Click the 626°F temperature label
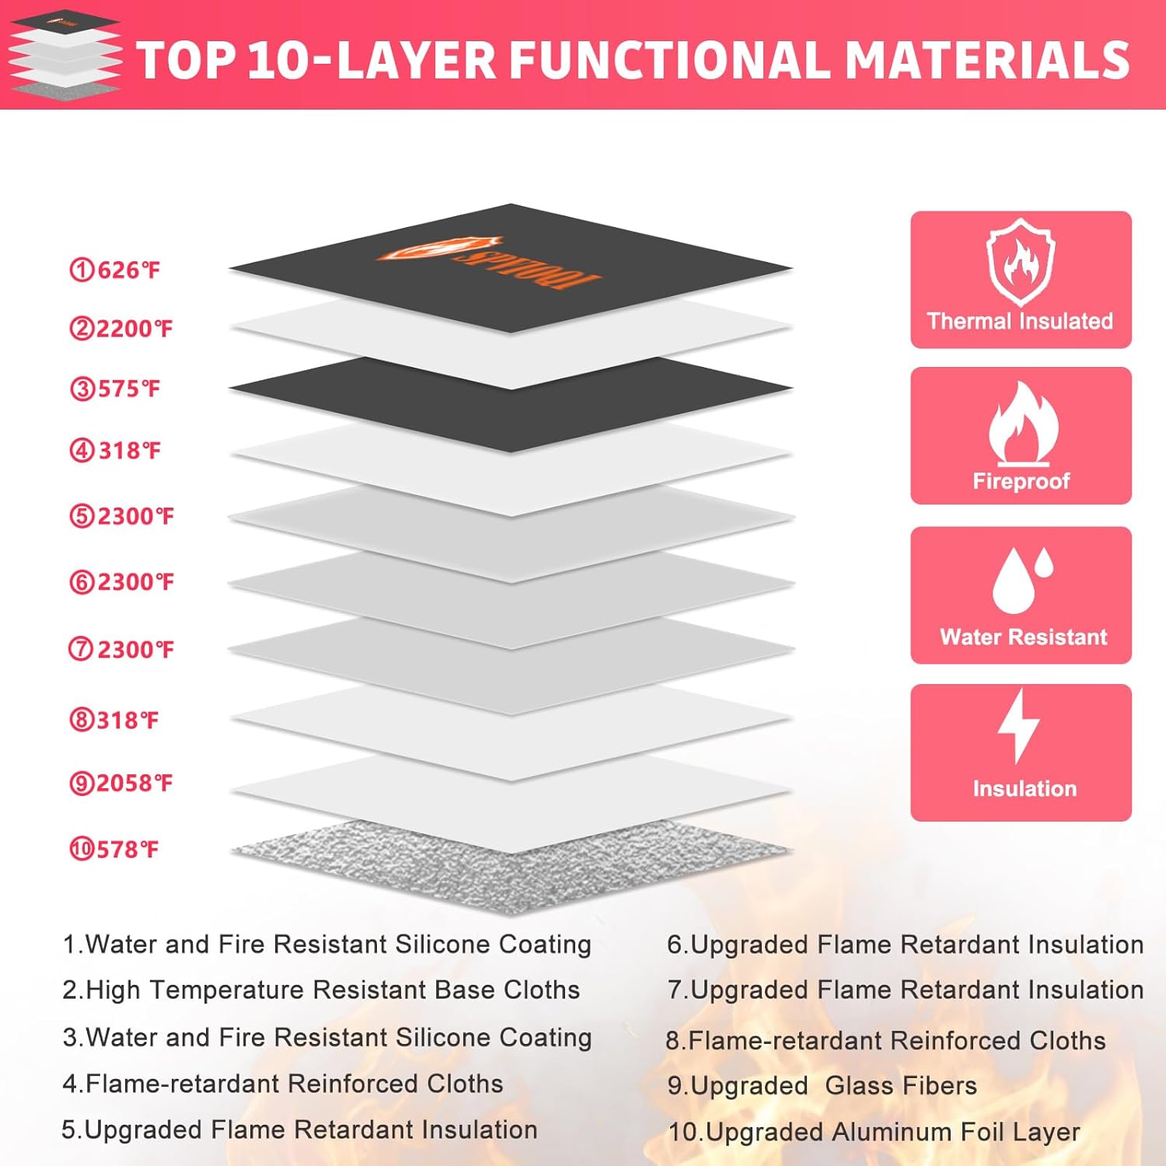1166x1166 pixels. coord(114,270)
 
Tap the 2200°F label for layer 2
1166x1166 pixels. coord(121,329)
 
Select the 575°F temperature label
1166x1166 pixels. coord(114,389)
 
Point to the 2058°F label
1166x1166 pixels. coord(121,783)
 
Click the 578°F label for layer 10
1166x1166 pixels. coord(114,849)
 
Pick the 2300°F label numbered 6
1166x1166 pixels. coord(122,582)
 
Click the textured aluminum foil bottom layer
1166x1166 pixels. coord(511,867)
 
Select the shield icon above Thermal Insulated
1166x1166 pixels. coord(1021,262)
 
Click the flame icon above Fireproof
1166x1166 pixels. coord(1022,424)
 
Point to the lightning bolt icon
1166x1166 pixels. coord(1018,726)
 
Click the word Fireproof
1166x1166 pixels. coord(1021,481)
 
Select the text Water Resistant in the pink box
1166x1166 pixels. coord(1023,637)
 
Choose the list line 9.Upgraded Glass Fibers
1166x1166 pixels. coord(822,1086)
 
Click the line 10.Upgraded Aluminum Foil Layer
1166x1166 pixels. coord(874,1133)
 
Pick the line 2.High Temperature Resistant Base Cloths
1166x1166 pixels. coord(321,990)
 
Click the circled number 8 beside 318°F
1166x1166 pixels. coord(82,720)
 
